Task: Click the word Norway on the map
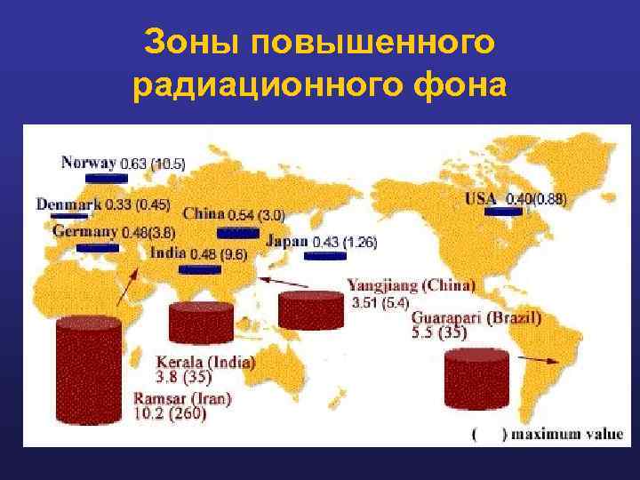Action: (89, 163)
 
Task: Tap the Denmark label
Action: (69, 204)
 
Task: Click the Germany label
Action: (85, 231)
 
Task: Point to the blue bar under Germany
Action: (98, 247)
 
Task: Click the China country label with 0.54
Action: (204, 213)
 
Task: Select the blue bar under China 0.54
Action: (237, 233)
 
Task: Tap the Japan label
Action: (287, 241)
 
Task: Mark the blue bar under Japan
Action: (324, 256)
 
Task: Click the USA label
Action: (482, 198)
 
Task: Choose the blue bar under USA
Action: (502, 212)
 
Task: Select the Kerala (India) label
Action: (205, 362)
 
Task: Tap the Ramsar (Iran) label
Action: (182, 399)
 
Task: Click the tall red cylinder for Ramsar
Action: (88, 369)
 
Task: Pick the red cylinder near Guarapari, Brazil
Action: (476, 380)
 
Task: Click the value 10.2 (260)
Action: (170, 413)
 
